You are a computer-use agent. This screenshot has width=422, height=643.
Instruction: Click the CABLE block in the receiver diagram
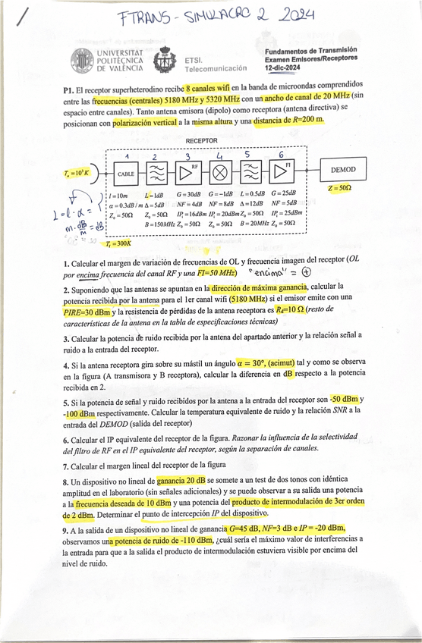tap(126, 174)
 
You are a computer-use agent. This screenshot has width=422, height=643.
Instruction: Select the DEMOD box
tap(344, 170)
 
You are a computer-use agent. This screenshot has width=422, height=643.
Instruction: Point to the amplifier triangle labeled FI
tap(282, 172)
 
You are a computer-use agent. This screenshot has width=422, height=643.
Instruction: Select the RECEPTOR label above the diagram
tap(201, 141)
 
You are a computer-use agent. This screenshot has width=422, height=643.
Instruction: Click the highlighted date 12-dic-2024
tap(284, 67)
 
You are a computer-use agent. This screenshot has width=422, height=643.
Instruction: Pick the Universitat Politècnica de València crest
tap(83, 61)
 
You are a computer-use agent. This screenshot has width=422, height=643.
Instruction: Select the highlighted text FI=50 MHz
tap(213, 272)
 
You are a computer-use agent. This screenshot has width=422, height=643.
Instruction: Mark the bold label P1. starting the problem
tap(68, 89)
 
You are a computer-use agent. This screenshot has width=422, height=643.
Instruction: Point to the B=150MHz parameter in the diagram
tap(162, 224)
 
